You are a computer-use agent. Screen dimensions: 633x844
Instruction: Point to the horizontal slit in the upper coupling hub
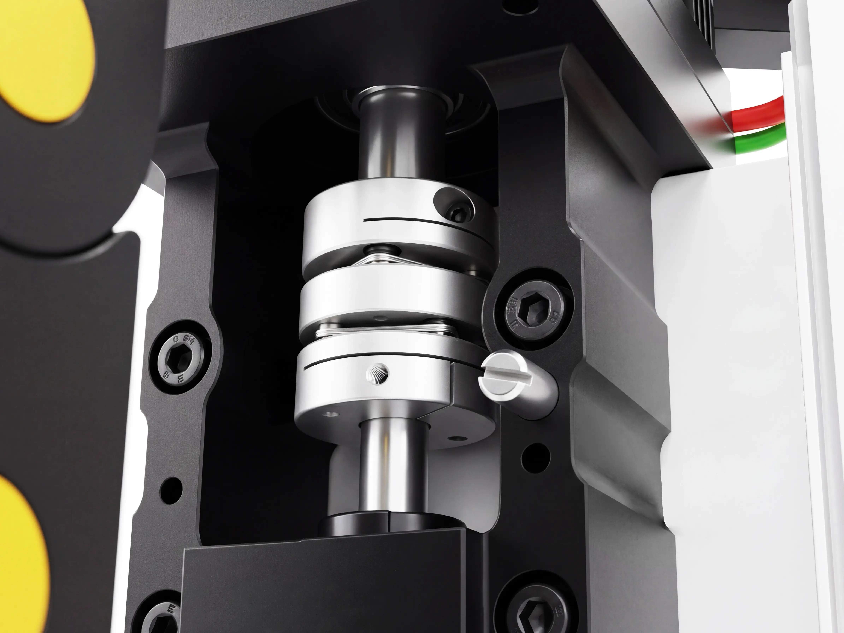[420, 220]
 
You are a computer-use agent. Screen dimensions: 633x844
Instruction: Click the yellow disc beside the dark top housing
[46, 57]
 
